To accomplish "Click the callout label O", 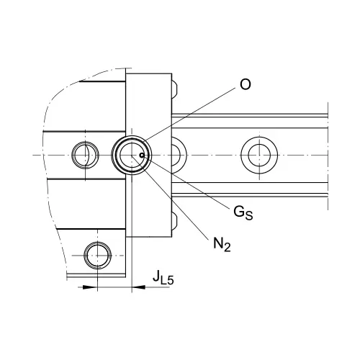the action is [x=246, y=84].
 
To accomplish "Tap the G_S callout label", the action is [x=243, y=212].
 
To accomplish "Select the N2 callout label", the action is [x=222, y=244].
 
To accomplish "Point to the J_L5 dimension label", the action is [x=163, y=277].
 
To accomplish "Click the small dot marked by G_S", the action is [x=142, y=156].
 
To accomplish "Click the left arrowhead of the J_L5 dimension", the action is [x=90, y=287].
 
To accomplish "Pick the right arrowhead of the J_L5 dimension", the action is [x=139, y=287].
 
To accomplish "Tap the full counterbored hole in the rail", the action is [x=259, y=156].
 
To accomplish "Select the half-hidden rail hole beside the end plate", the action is [x=179, y=156].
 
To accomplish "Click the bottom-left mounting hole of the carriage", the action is [x=97, y=256].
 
